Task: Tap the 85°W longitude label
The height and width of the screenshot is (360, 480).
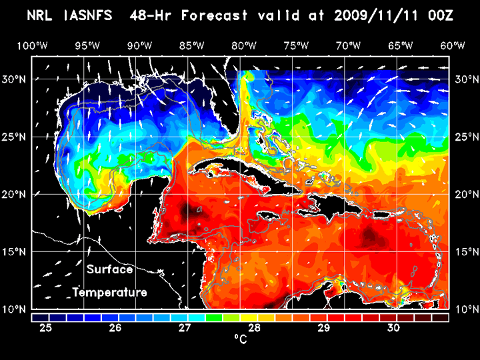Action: pyautogui.click(x=192, y=45)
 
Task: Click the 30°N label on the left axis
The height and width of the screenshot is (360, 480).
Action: pyautogui.click(x=15, y=79)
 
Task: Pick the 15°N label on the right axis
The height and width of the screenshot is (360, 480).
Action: pyautogui.click(x=465, y=252)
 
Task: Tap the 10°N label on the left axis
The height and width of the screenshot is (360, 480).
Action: pyautogui.click(x=15, y=309)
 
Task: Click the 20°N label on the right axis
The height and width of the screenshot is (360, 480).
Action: pyautogui.click(x=465, y=194)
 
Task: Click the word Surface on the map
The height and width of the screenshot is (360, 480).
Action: pyautogui.click(x=110, y=270)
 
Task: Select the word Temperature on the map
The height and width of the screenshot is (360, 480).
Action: pyautogui.click(x=110, y=292)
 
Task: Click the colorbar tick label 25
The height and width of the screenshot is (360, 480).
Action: pyautogui.click(x=46, y=327)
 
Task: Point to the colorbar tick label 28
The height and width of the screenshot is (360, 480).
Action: pyautogui.click(x=254, y=327)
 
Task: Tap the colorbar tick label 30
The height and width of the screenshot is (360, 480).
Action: pyautogui.click(x=393, y=327)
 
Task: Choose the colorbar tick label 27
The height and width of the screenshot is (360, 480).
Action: pyautogui.click(x=185, y=327)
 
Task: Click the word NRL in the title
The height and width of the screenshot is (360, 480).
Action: pyautogui.click(x=43, y=15)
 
